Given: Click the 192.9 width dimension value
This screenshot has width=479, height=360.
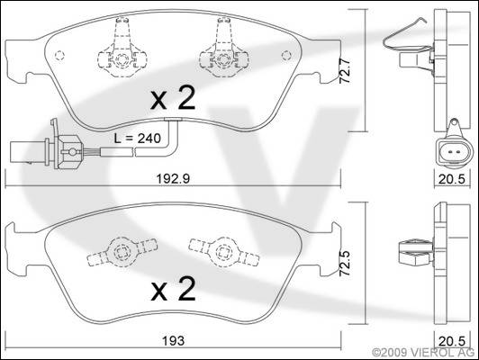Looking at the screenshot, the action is tap(173, 179).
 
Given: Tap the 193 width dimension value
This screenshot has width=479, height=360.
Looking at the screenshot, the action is tap(173, 341).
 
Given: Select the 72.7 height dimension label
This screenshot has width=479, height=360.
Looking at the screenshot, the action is tap(345, 71).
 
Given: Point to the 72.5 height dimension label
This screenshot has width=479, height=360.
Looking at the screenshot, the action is tap(345, 264).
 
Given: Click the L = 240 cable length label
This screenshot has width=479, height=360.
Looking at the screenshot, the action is tap(138, 139).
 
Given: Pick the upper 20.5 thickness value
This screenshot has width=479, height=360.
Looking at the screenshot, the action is tap(452, 179).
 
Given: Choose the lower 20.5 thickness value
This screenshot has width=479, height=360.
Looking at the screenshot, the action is tap(452, 341).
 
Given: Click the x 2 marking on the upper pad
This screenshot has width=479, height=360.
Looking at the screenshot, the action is tap(173, 97).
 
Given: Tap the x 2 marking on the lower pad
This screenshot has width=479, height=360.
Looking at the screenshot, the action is tap(173, 289).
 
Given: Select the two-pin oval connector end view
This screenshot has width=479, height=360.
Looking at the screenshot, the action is tap(453, 151).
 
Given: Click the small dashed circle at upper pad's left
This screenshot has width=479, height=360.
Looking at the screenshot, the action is tap(59, 55).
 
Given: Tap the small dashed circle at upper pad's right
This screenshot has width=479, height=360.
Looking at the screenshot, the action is tap(286, 55).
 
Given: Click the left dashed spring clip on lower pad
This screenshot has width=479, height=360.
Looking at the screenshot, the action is tap(122, 252).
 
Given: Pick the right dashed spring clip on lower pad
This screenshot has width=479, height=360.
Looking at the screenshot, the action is tap(224, 252).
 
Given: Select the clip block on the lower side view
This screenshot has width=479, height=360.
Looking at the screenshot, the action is tap(416, 253).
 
